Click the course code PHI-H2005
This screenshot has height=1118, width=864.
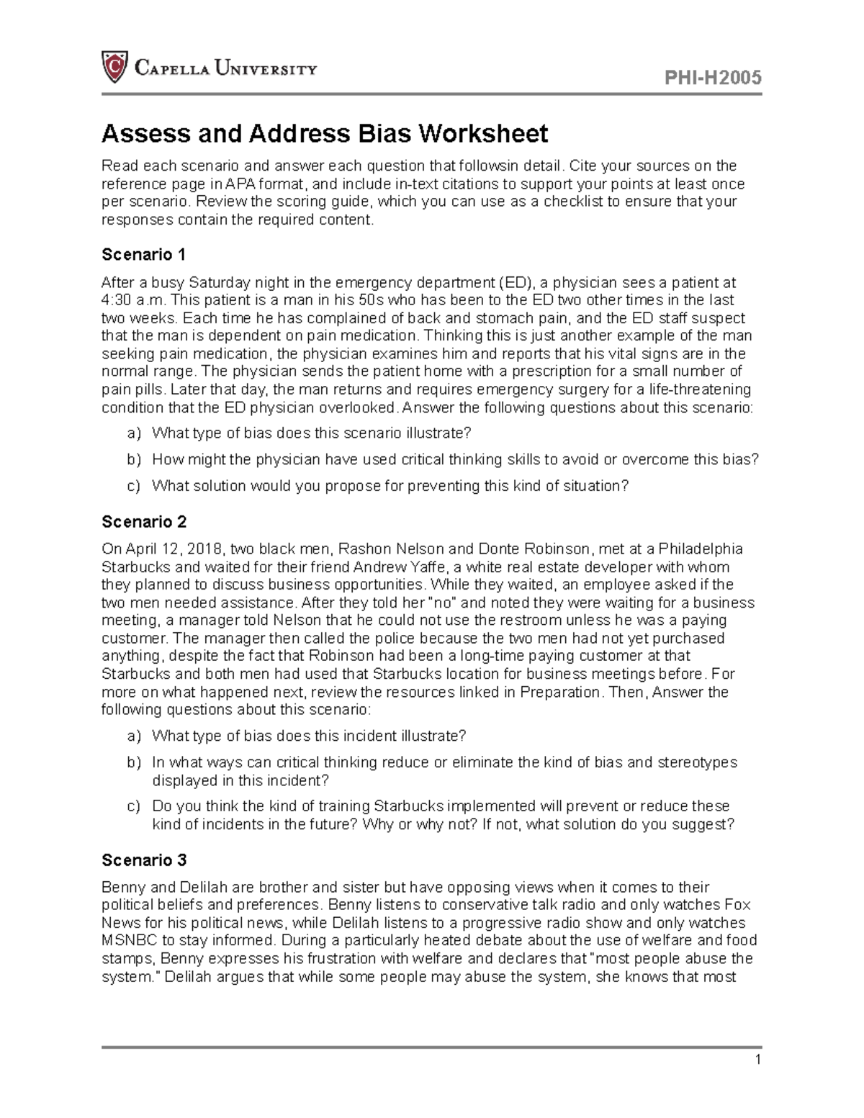714,78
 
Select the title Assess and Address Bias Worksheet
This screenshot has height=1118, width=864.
325,134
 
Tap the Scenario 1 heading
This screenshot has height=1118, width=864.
144,255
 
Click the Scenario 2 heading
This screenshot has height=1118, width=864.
144,521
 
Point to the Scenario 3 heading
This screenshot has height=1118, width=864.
144,860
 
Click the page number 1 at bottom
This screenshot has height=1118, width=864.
757,1060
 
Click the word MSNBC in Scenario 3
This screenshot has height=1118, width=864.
129,940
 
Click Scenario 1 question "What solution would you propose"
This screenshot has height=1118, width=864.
390,486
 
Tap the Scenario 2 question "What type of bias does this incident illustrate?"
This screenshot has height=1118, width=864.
309,736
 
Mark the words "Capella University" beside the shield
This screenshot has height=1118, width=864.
225,69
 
